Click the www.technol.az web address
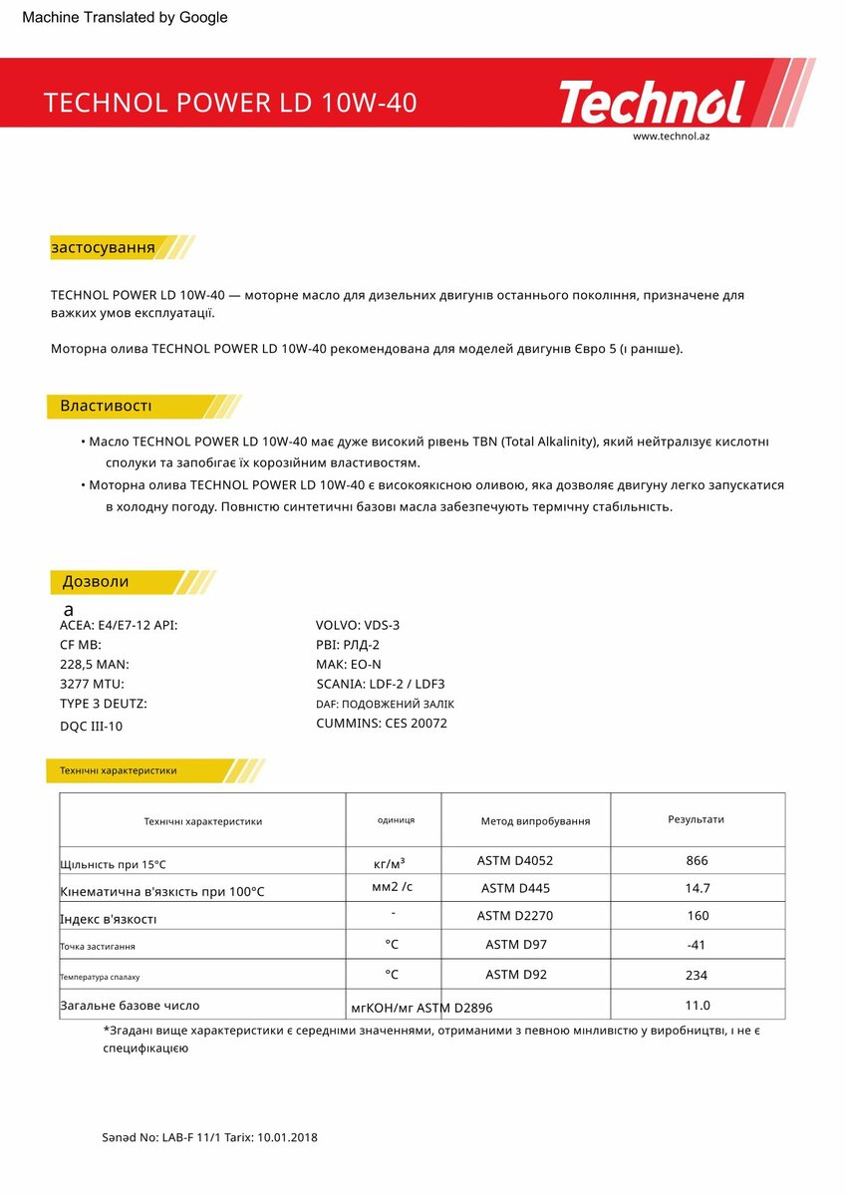(671, 136)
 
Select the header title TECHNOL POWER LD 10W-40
(230, 103)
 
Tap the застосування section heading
(103, 247)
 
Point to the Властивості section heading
(106, 406)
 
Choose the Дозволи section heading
(96, 582)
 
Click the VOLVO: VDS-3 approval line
(358, 626)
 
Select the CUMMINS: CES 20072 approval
(382, 724)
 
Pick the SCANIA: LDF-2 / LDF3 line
(380, 684)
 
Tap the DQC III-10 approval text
(92, 727)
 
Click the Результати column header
(696, 819)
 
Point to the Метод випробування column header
(535, 821)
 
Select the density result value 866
(698, 861)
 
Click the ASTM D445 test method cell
(515, 888)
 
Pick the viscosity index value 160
(698, 916)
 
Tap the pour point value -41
(698, 945)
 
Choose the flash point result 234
(698, 976)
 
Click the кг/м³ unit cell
(389, 862)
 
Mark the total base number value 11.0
(698, 1006)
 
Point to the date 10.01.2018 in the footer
(287, 1137)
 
